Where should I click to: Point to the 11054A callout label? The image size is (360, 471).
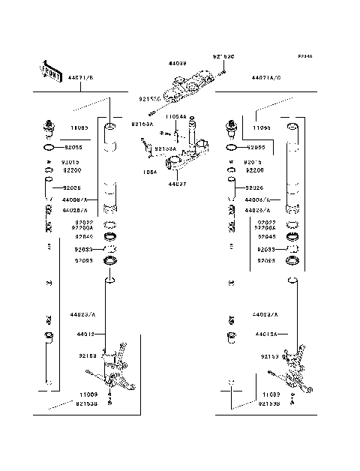(175, 118)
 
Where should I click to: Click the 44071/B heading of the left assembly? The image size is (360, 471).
(80, 77)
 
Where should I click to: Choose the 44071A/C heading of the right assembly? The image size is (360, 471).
(266, 77)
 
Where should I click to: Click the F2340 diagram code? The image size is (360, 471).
(304, 57)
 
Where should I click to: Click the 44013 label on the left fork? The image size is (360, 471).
(87, 333)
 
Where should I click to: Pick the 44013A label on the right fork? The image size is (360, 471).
(266, 333)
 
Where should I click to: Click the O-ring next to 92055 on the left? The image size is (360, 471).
(49, 148)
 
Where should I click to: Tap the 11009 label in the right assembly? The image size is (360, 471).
(271, 394)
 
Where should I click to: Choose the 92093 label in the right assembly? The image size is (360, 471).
(266, 260)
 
